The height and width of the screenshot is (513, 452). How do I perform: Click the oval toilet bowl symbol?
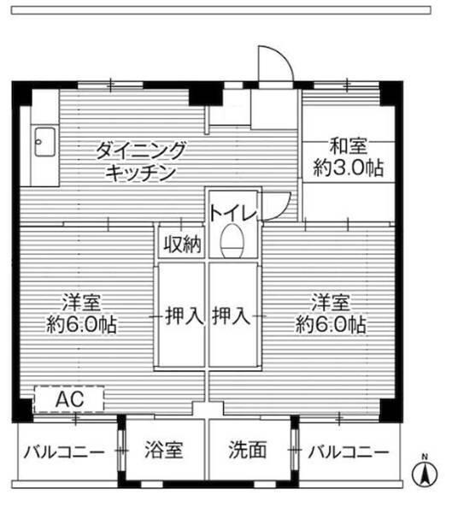[232, 243]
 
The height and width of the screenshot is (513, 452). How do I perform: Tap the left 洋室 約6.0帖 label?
[83, 313]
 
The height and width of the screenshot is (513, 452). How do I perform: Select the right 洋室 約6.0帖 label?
[332, 313]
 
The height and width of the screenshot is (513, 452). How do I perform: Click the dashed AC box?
[68, 399]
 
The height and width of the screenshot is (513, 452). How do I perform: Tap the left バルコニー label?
[64, 451]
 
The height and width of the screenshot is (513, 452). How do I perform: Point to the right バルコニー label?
[348, 451]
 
